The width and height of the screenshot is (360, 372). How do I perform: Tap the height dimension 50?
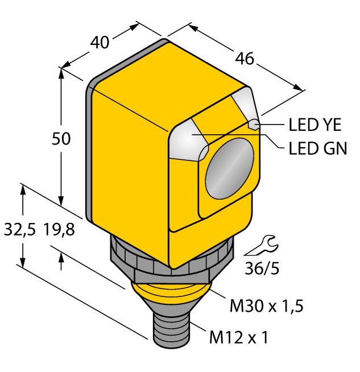pos(61,138)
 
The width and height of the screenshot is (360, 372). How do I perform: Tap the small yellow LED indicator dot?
pos(255,125)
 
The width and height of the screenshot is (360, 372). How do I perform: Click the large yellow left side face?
pos(130,171)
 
